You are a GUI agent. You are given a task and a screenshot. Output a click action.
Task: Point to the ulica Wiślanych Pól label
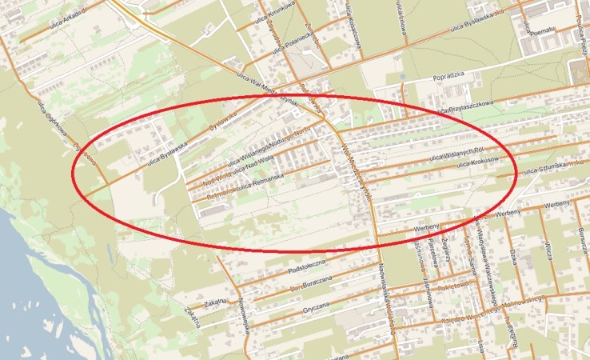pos(455,154)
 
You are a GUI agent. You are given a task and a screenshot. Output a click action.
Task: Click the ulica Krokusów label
pos(477,162)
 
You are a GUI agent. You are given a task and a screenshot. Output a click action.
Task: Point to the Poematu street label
pos(543,30)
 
